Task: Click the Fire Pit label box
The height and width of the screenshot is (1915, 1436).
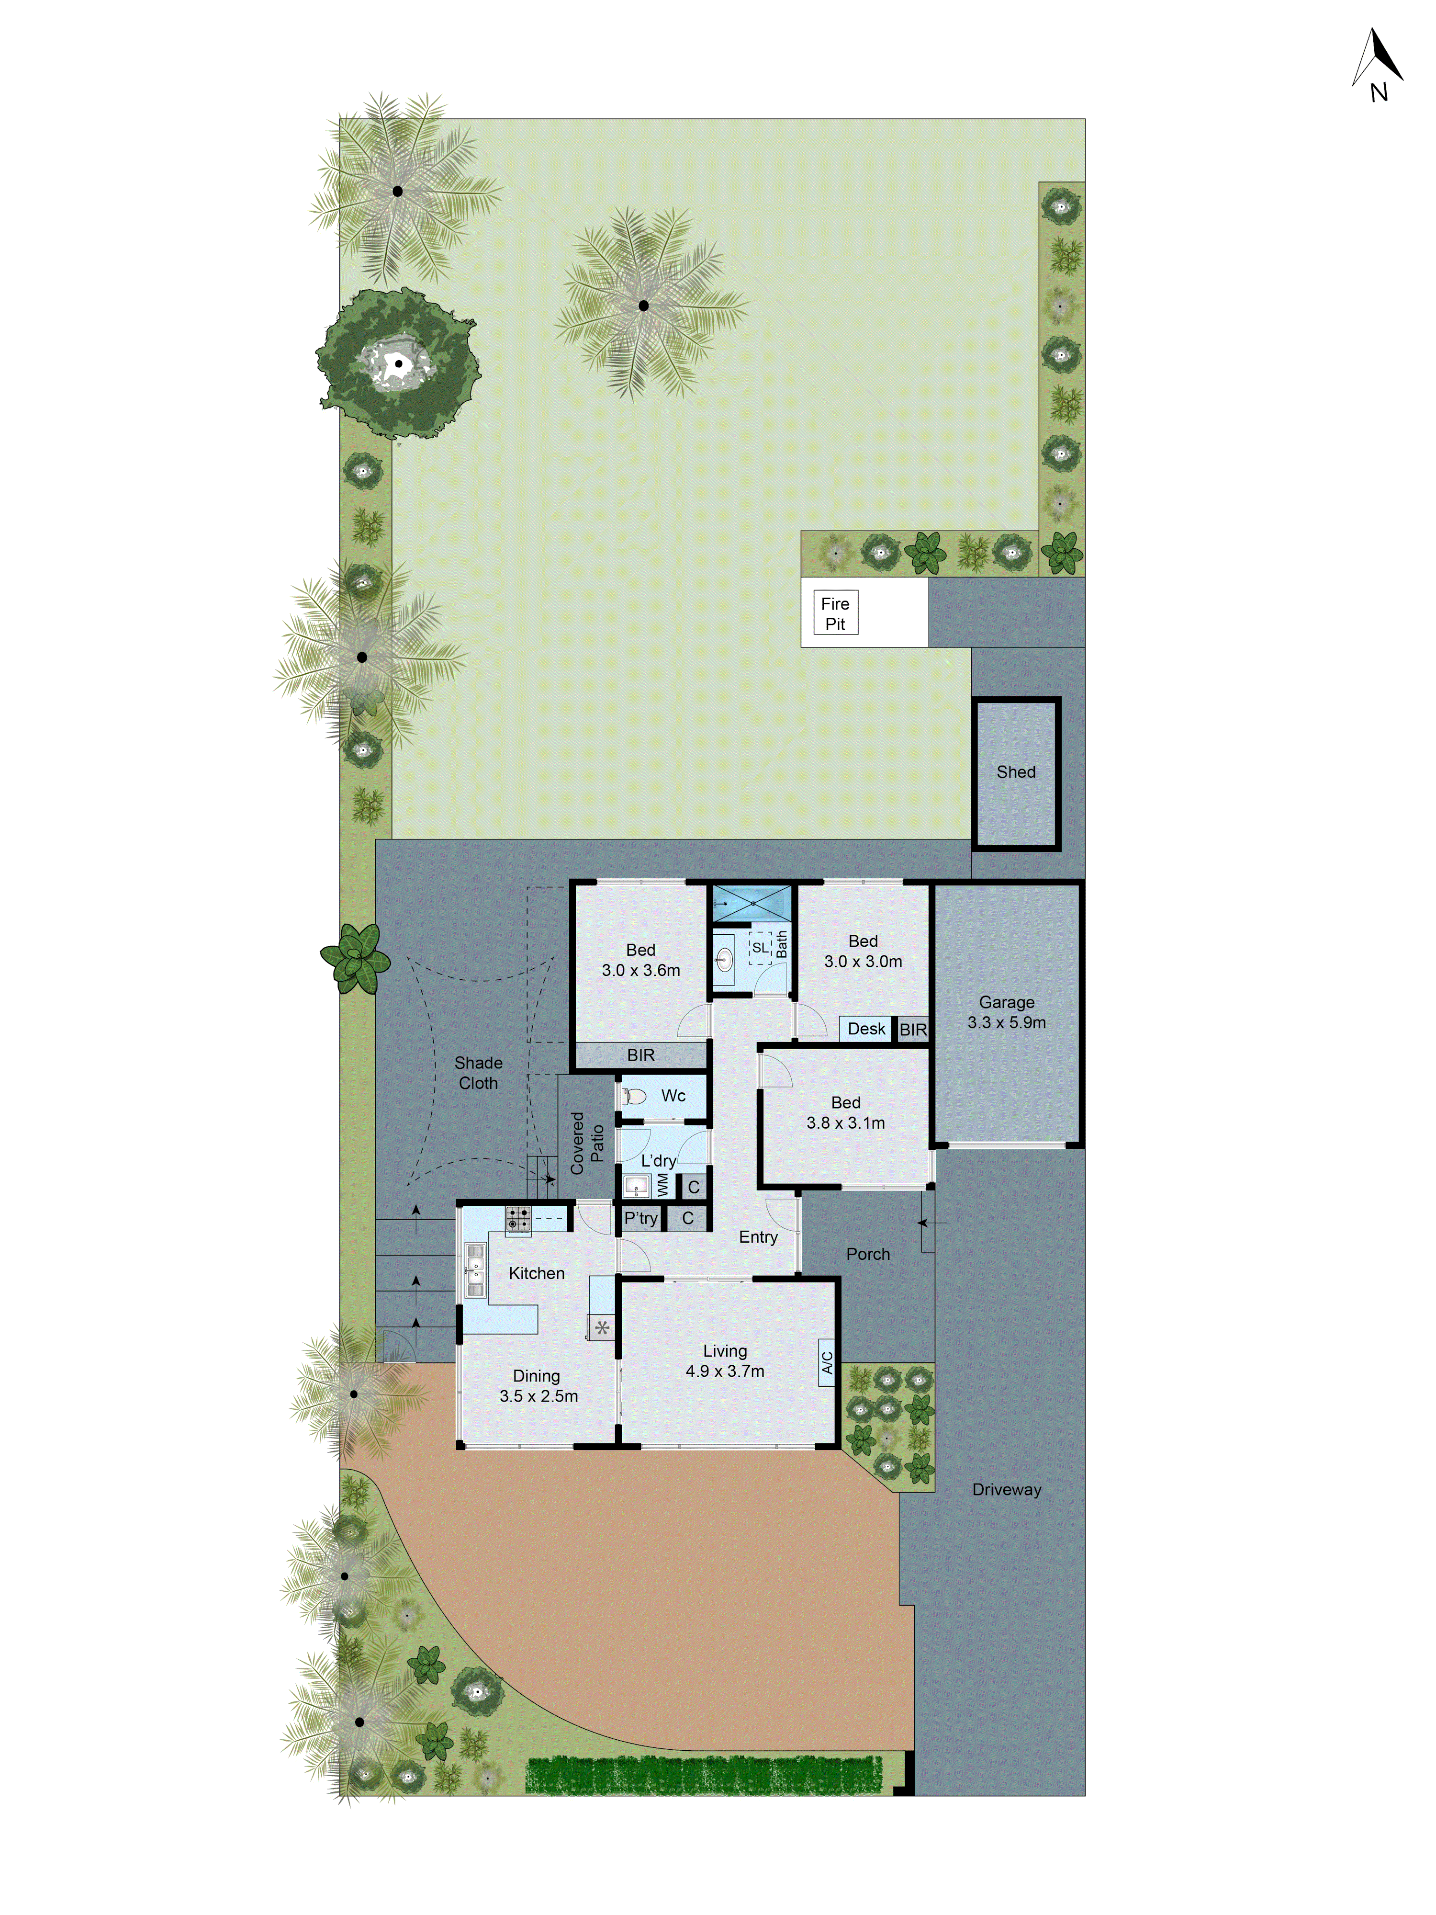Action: point(834,613)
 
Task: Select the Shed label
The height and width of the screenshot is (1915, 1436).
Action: point(1015,771)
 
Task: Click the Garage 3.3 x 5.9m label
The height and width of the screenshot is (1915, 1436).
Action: point(1006,1012)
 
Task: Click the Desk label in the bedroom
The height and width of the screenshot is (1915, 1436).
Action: point(865,1029)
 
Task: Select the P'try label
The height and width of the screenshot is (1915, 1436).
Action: point(640,1218)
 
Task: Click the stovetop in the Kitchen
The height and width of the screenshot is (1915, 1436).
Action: point(517,1219)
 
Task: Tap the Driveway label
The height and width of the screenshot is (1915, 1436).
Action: point(1006,1489)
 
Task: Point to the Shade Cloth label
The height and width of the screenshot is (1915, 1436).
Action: point(478,1073)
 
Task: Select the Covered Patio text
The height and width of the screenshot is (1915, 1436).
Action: point(587,1143)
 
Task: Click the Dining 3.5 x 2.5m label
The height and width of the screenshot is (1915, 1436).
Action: point(538,1385)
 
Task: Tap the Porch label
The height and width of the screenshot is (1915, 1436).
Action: point(867,1254)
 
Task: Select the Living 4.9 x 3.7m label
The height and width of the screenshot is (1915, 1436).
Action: point(725,1360)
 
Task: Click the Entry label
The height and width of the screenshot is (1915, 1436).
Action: point(757,1237)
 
